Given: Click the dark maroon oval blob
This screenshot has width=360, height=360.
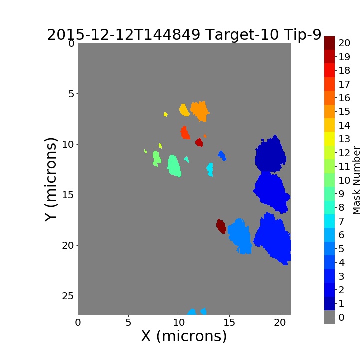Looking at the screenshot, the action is coord(221,226).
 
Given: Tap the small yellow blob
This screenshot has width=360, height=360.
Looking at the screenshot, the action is coord(166,114).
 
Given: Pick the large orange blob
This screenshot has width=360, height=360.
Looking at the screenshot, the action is coord(200,111).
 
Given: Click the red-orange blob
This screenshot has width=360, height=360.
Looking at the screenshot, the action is coord(185,132).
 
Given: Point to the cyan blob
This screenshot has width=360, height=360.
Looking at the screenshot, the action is coord(210,169).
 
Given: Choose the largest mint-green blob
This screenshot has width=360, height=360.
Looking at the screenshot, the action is coord(174,166).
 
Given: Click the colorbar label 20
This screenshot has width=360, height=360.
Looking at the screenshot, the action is coord(344,43).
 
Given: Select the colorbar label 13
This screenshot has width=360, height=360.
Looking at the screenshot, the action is coord(344,139).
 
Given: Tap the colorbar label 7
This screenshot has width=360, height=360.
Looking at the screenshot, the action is coord(341,221).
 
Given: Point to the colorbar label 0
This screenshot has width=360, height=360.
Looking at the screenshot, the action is coord(341,317).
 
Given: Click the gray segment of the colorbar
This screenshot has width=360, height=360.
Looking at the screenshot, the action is coord(329,317).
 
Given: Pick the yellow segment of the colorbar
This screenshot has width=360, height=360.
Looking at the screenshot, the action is coord(329,139).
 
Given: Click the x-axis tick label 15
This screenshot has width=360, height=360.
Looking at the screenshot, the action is coord(229,323).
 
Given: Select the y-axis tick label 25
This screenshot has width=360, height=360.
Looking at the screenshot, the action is coord(68,296).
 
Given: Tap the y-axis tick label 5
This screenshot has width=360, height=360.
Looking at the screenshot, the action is coord(71,94).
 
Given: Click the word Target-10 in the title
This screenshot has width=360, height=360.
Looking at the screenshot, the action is coord(242,35).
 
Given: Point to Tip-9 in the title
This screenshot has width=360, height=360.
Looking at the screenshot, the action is coord(302,35).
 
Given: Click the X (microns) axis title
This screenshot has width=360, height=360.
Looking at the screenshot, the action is coord(184,336).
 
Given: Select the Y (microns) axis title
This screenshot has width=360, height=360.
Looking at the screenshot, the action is coord(50,180).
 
